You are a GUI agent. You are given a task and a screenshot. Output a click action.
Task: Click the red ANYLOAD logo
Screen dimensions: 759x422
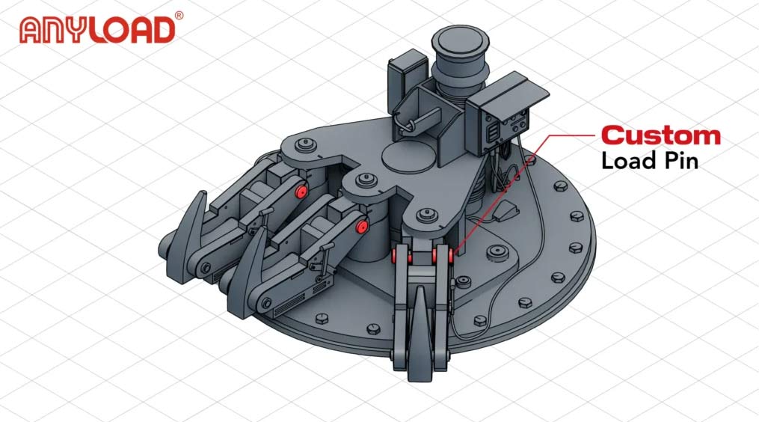point(96,30)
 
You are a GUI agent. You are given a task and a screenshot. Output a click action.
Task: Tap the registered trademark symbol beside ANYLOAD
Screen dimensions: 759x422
point(179,16)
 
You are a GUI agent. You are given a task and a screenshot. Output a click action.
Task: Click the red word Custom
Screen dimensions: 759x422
point(661,135)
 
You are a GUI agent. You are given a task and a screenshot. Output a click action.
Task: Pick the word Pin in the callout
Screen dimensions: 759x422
point(680,161)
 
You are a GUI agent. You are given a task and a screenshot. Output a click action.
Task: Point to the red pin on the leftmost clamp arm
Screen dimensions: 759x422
point(301,191)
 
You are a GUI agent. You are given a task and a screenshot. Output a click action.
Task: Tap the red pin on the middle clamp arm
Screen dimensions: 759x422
point(360,227)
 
